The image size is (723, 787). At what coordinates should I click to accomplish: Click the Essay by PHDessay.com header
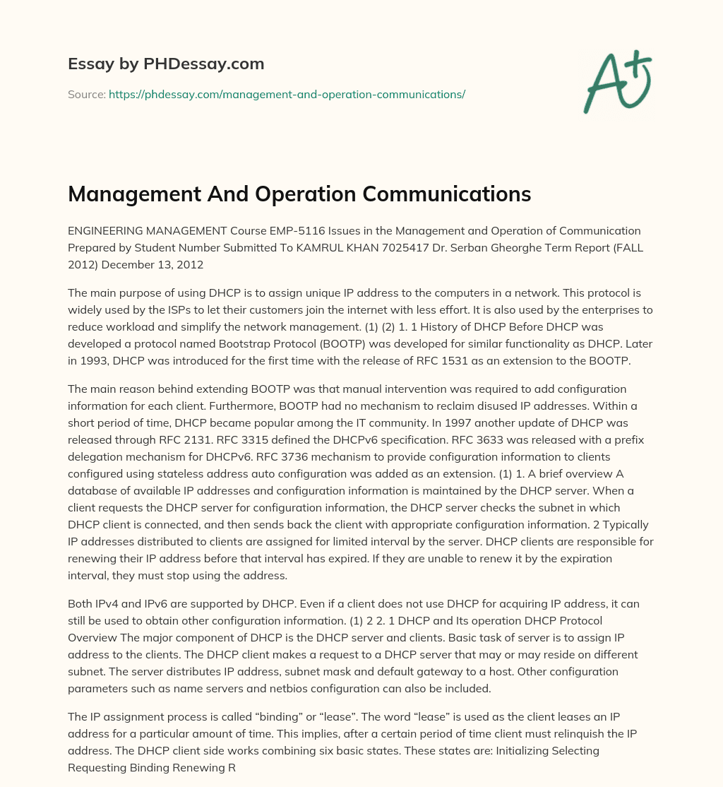coord(166,64)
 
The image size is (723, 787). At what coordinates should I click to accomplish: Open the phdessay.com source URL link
coord(287,94)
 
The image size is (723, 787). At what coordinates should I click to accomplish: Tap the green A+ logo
coord(616,82)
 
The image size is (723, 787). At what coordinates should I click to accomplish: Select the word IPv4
coord(102,603)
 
